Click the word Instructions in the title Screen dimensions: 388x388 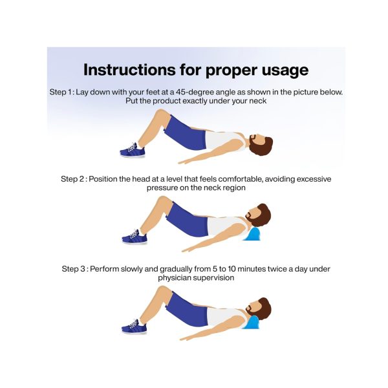(130, 70)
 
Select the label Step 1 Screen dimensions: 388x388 (61, 92)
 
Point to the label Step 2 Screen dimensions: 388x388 (72, 179)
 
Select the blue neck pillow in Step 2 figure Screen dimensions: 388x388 (252, 234)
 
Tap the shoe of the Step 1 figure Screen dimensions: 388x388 (132, 151)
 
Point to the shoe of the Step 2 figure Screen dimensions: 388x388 (135, 237)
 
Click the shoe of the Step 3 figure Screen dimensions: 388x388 (134, 327)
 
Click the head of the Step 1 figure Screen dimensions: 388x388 (261, 144)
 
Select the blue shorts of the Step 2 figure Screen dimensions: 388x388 (187, 219)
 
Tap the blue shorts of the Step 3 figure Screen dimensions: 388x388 (186, 309)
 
